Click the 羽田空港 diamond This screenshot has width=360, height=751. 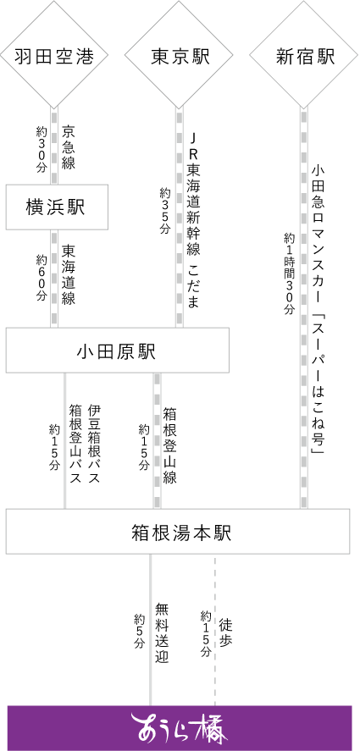53,55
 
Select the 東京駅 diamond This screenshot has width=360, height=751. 180,55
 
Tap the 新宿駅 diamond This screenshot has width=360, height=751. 304,55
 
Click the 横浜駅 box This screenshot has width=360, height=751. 57,207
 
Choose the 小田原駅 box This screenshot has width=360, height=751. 117,351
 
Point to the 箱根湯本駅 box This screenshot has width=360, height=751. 178,532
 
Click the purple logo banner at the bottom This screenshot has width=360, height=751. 180,728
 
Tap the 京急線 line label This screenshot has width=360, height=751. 69,148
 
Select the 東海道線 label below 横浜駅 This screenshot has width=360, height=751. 69,275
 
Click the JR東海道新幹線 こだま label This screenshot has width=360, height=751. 192,220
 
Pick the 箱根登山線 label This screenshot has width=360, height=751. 169,445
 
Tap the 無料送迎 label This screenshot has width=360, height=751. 162,632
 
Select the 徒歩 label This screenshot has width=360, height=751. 226,632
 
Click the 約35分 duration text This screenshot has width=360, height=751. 165,210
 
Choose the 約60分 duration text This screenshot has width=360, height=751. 42,278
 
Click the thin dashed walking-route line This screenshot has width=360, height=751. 215,629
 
